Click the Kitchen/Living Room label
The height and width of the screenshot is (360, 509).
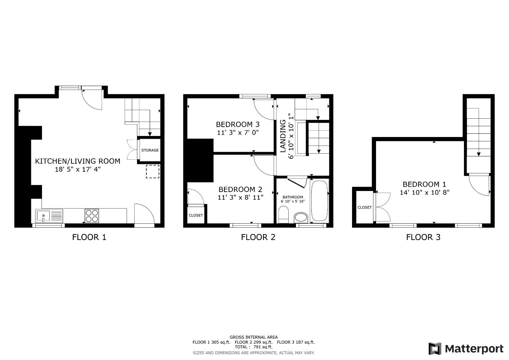point(78,161)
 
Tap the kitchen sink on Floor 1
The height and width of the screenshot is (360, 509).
point(43,216)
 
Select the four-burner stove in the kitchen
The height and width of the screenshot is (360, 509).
point(92,216)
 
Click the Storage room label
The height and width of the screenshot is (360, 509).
point(150,150)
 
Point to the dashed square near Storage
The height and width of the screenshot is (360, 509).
point(152,171)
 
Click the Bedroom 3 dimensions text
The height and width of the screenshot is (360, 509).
point(238,133)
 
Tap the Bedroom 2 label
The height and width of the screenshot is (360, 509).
point(240,189)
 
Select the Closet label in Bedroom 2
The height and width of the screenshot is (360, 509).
point(196,215)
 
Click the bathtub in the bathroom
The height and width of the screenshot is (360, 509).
point(320,201)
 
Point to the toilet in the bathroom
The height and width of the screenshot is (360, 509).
point(283,214)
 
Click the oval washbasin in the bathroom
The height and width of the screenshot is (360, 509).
point(301,218)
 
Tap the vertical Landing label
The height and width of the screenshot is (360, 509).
point(283,136)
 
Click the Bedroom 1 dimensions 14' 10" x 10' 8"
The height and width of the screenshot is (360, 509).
point(424,193)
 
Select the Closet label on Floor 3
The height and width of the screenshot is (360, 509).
point(364,207)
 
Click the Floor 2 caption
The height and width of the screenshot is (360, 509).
point(258,237)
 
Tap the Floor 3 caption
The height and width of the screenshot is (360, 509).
point(423,237)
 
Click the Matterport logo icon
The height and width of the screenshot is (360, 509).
point(435,349)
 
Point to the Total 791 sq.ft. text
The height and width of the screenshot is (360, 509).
point(253,347)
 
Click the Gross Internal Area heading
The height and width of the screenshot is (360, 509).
point(253,337)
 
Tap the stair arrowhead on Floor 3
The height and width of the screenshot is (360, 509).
point(479,154)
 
